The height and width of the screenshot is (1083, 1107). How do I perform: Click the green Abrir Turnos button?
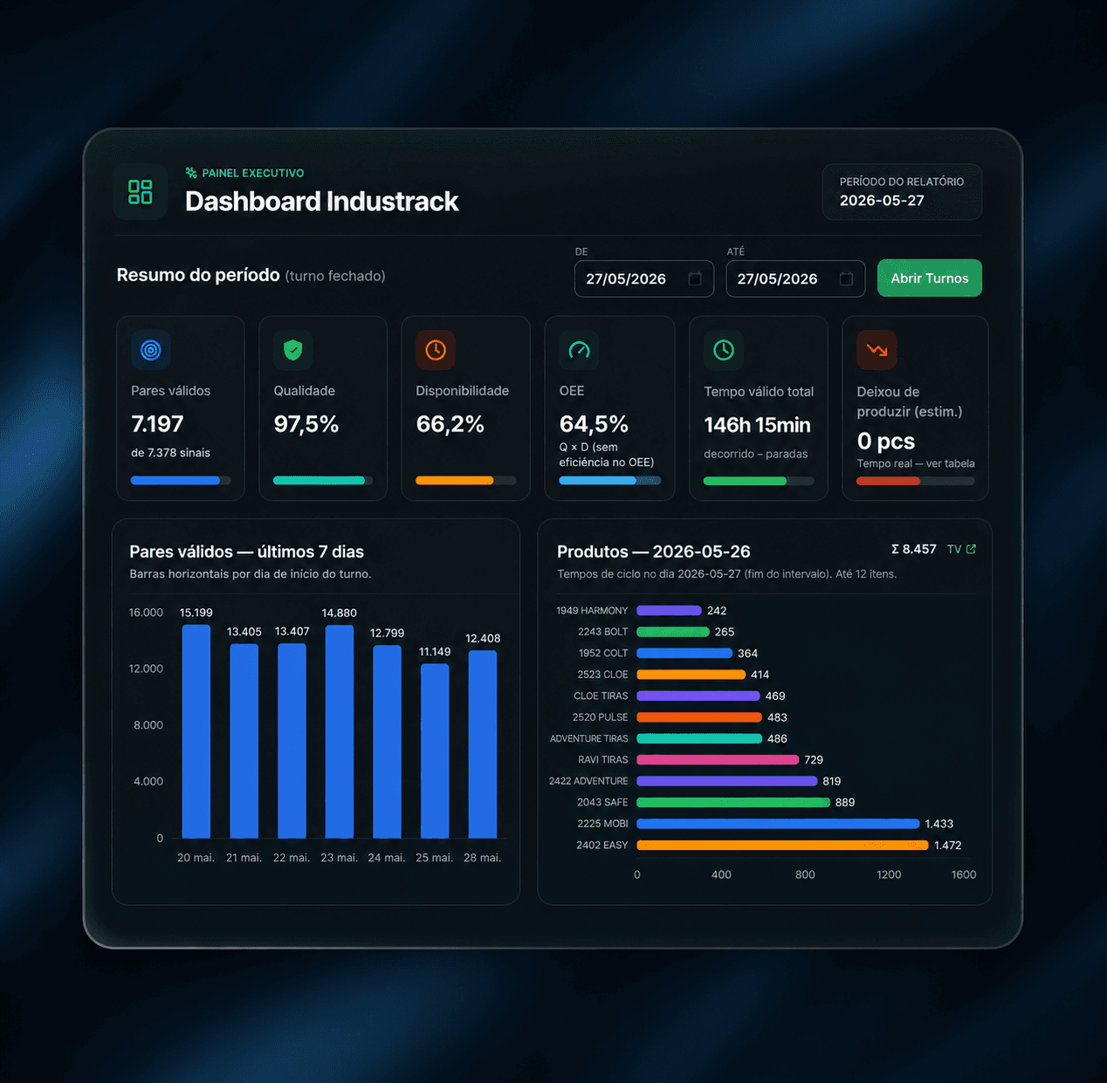coord(929,278)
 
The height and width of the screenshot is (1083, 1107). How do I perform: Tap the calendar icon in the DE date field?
coord(695,278)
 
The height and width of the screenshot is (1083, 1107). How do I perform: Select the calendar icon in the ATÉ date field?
coord(846,278)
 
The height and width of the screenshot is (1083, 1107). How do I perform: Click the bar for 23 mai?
coord(339,731)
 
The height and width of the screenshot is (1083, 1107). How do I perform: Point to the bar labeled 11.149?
coord(434,751)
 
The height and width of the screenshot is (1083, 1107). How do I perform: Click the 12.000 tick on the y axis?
coord(146,668)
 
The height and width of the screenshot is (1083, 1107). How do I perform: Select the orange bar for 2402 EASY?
coord(782,845)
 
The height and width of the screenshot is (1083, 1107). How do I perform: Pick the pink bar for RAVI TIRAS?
coord(718,760)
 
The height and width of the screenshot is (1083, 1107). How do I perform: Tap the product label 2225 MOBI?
coord(602,824)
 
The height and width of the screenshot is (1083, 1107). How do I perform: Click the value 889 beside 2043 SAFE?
coord(844,802)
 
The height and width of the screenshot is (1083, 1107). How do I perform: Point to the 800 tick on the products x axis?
coord(805,874)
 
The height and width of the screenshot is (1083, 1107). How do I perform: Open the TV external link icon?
coord(971,549)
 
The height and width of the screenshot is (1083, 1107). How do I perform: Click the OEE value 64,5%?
coord(594,424)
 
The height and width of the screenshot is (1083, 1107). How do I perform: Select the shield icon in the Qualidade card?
coord(293,350)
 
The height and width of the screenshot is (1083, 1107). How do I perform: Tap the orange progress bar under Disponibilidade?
coord(454,480)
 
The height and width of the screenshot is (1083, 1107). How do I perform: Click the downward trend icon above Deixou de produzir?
coord(876,350)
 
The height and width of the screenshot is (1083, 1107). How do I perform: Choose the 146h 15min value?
coord(757,425)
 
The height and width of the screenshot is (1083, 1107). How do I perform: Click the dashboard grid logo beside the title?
coord(141,192)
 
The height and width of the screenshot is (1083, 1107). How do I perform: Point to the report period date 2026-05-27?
coord(882,201)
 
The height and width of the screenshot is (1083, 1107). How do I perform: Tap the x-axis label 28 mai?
coord(482,857)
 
